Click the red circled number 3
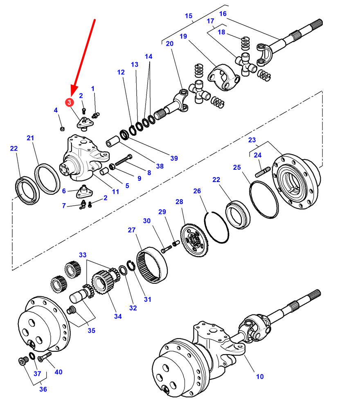(70, 102)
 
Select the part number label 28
(179, 202)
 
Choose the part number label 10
(260, 376)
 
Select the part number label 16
(223, 14)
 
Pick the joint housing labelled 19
(223, 77)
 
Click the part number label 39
(174, 158)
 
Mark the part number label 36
(43, 389)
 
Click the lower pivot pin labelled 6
(85, 191)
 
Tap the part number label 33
(83, 255)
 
